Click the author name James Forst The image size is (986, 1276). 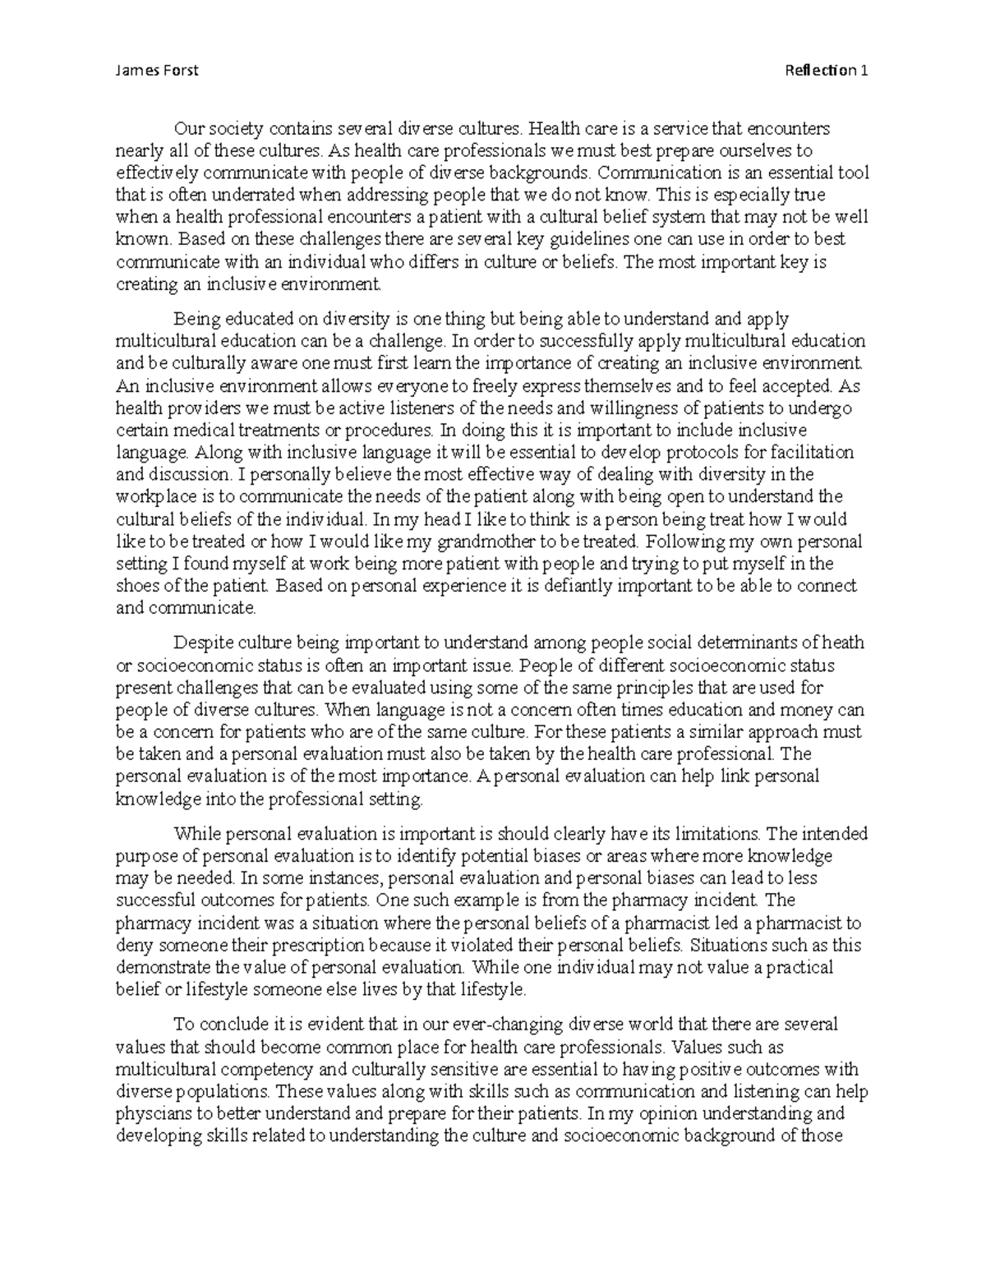coord(157,70)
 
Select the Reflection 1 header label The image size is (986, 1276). coord(827,70)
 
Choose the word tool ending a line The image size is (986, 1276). coord(854,173)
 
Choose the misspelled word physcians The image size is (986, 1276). coord(148,1114)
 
